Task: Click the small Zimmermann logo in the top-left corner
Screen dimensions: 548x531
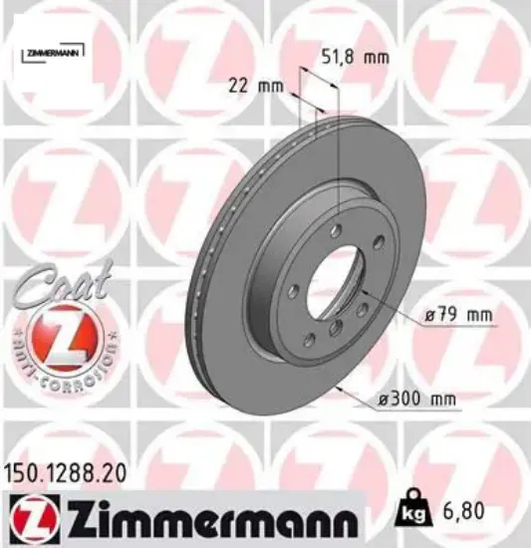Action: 53,49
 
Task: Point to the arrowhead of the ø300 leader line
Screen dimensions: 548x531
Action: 340,387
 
